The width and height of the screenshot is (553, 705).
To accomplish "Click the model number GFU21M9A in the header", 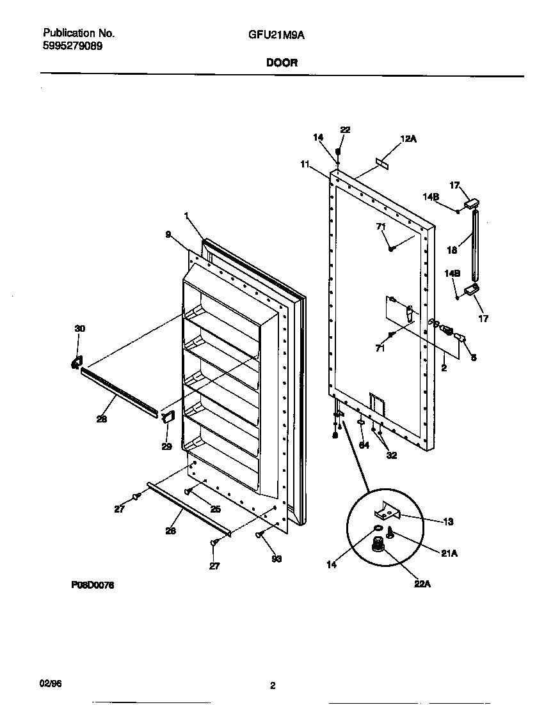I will click(x=276, y=36).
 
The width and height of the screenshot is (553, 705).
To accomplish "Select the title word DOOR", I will click(x=276, y=63).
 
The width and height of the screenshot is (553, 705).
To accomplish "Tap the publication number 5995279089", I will click(x=72, y=46).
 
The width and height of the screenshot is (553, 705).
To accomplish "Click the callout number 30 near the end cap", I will click(x=79, y=329).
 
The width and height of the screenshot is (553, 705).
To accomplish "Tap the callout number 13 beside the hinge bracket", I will click(x=447, y=522).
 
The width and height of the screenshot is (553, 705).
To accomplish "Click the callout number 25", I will click(x=216, y=509).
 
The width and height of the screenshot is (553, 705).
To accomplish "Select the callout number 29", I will click(x=166, y=446).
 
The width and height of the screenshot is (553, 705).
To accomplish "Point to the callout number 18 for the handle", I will click(x=453, y=251).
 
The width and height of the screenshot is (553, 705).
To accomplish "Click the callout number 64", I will click(x=364, y=445).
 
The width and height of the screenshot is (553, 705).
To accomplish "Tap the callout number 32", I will click(x=391, y=456).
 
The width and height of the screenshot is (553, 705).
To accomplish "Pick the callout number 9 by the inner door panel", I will click(x=168, y=235).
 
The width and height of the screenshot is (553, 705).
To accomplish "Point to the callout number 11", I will click(x=305, y=164).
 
